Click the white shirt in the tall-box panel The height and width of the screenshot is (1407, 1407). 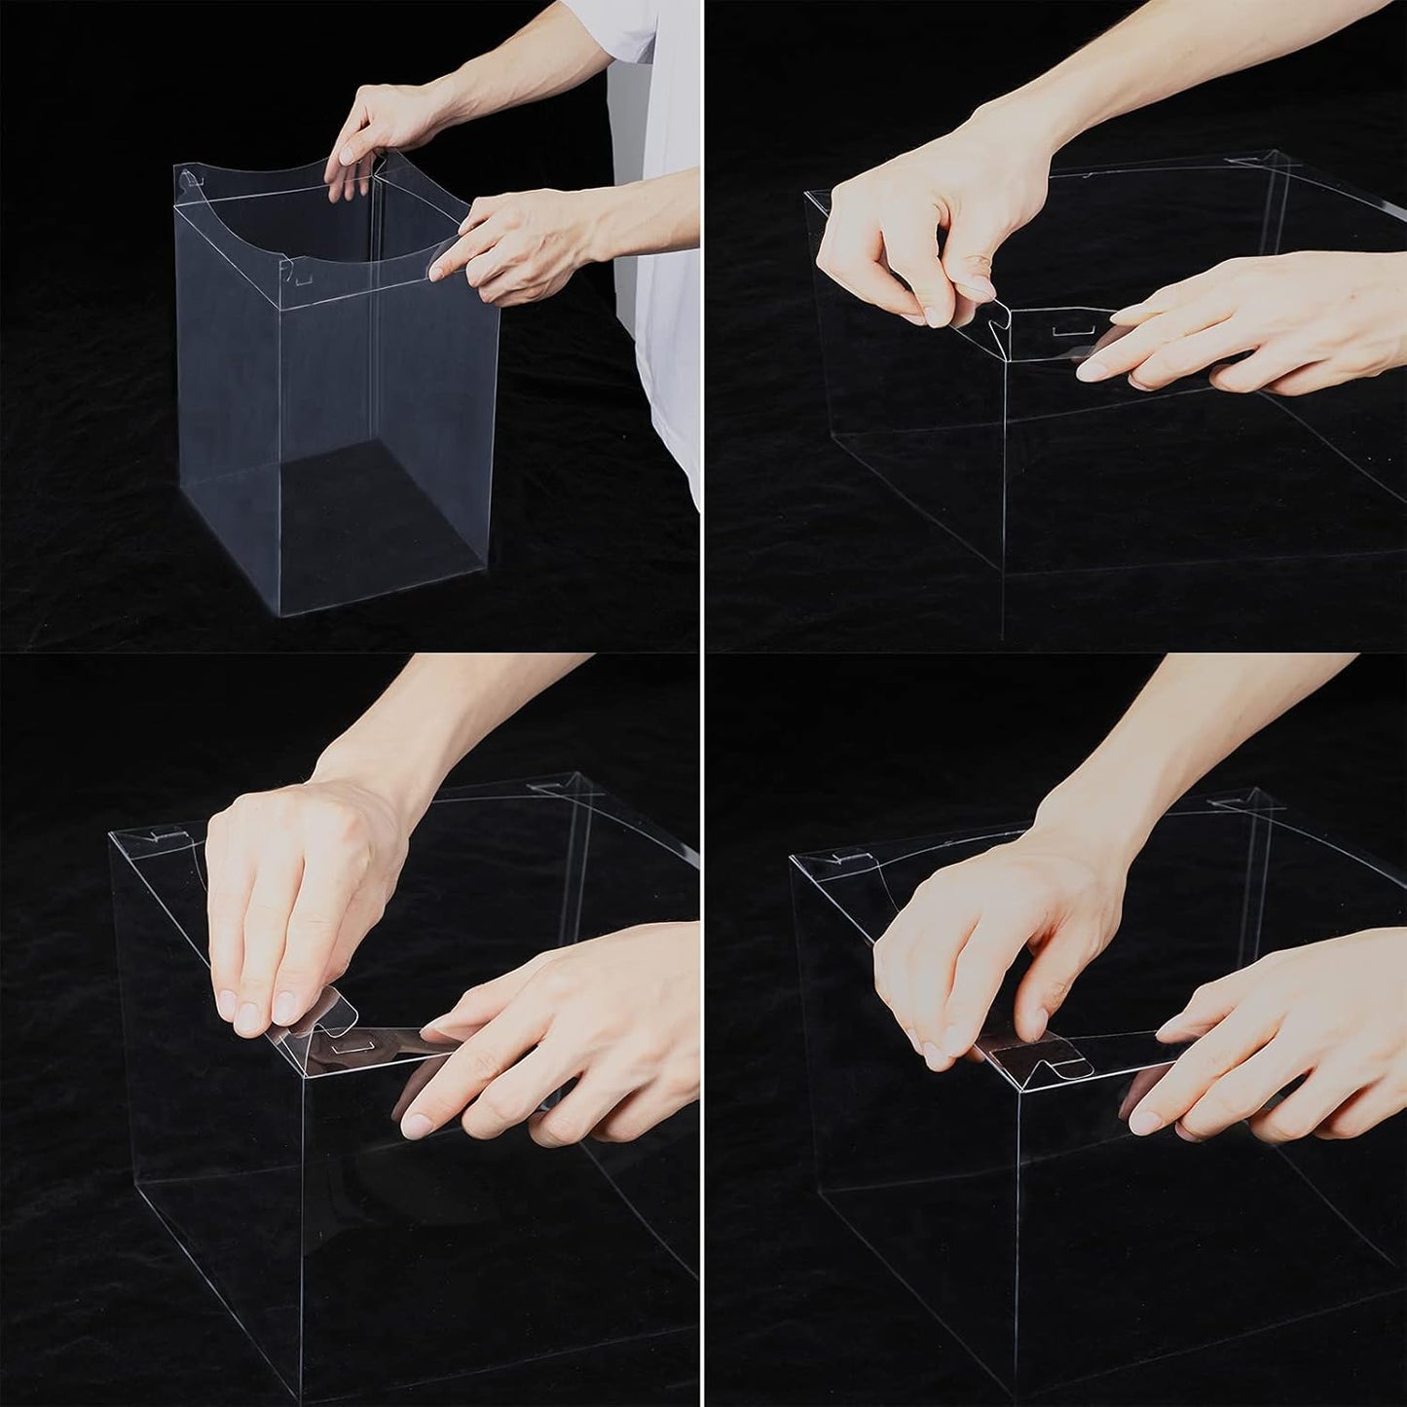672,292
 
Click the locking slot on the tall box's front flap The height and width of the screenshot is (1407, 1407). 305,279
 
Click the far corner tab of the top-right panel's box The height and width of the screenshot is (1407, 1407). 1256,161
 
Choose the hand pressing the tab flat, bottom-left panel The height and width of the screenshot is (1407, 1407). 292,906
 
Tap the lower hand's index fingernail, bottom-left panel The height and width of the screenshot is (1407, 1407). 418,1124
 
